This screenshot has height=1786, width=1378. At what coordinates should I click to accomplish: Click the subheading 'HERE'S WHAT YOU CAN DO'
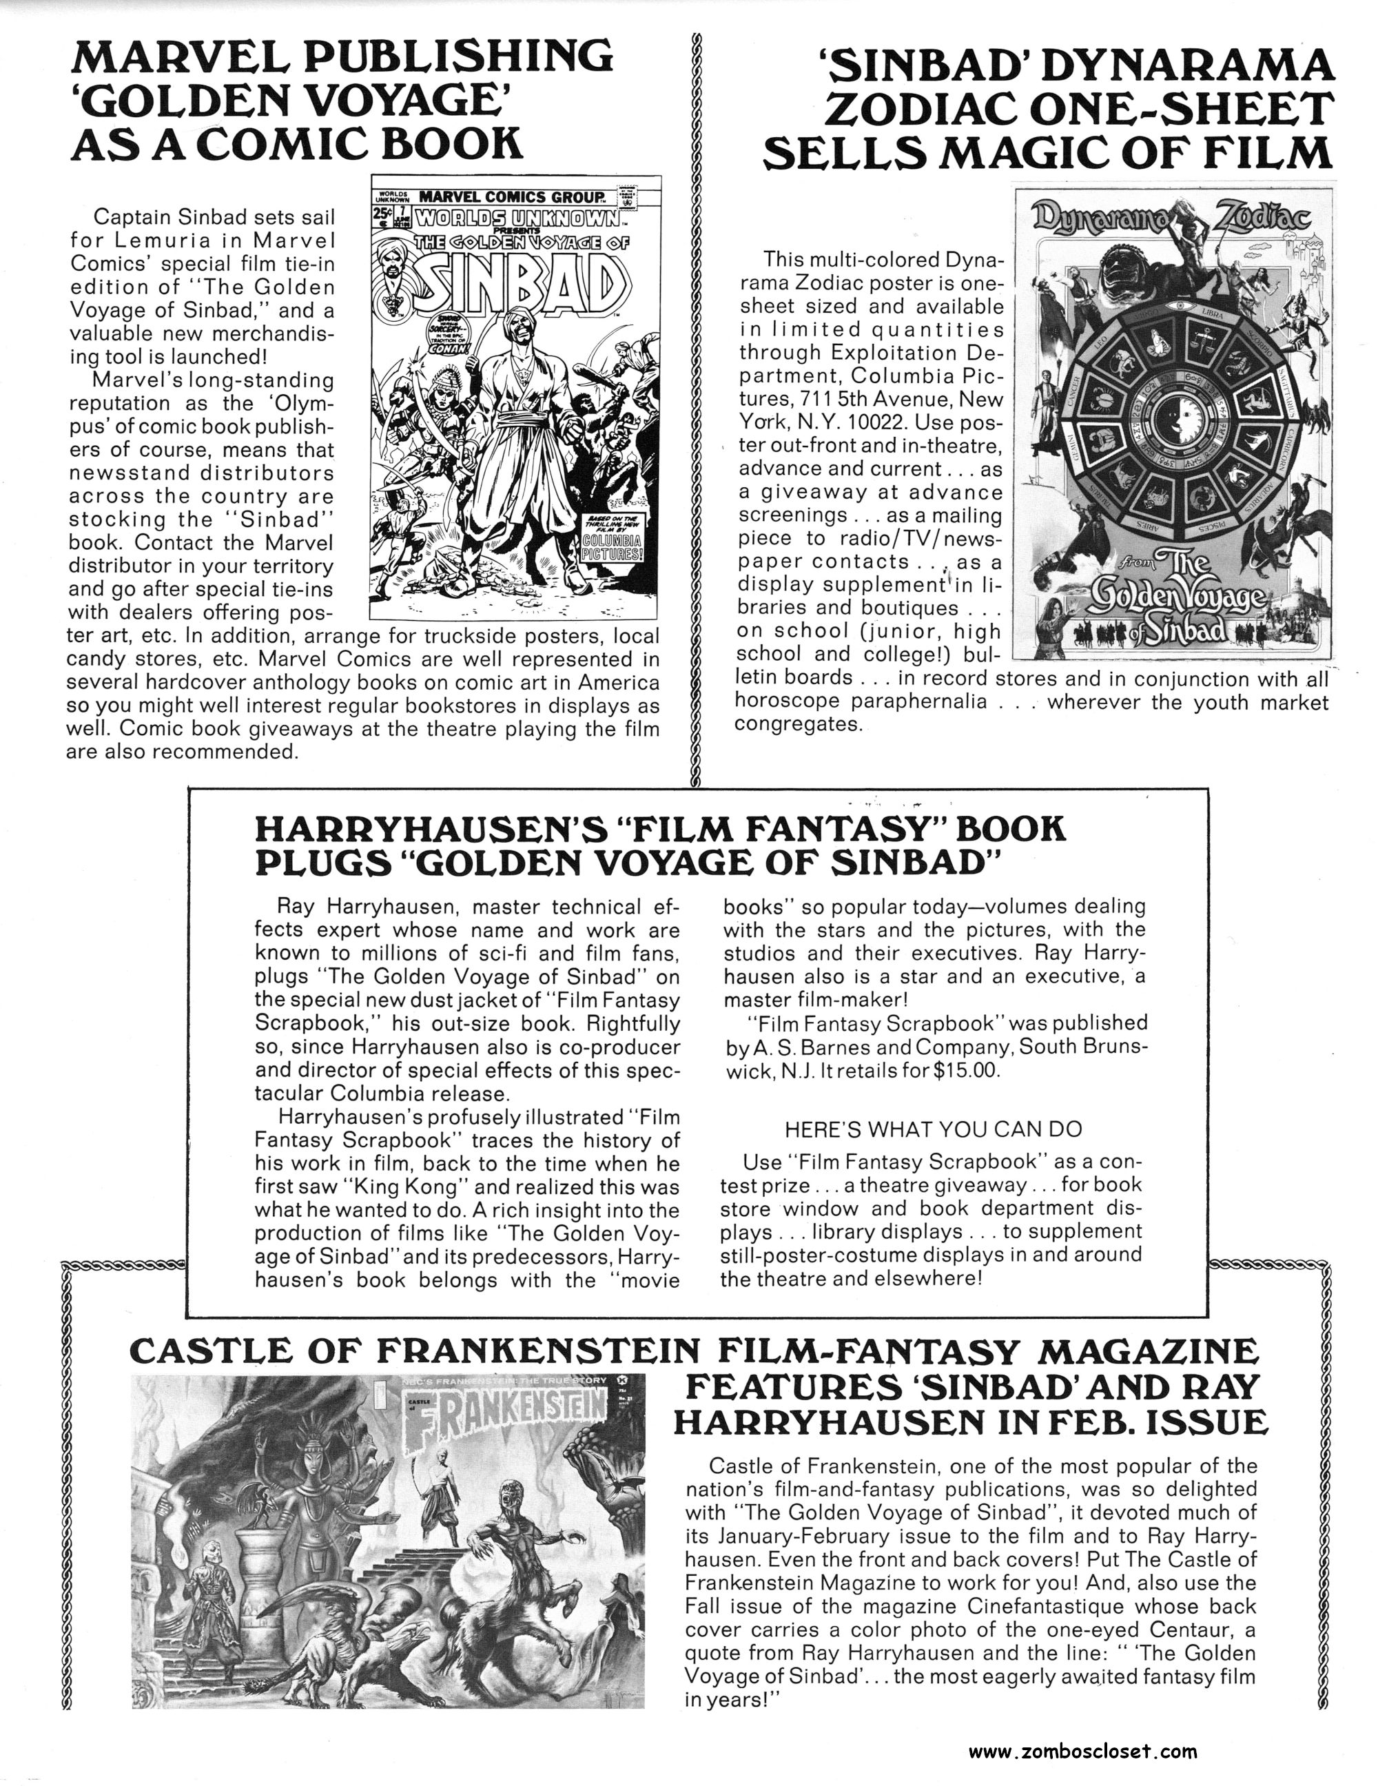932,1129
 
